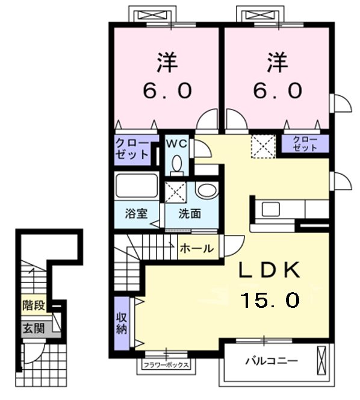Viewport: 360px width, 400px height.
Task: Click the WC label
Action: pos(176,144)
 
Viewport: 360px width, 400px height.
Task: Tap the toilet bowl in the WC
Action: pos(176,163)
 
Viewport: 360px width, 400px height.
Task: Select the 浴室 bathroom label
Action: pos(137,213)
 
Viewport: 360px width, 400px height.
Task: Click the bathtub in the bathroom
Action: pos(137,186)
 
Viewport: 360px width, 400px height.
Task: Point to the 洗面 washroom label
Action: pos(190,213)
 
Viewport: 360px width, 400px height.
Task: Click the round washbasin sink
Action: pos(208,190)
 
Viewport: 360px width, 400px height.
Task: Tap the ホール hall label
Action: pos(197,248)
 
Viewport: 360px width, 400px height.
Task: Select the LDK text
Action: pos(269,270)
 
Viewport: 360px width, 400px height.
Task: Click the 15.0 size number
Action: pos(271,300)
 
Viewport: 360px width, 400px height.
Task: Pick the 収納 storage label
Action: pos(122,323)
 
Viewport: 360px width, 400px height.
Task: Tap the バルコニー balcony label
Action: pos(272,361)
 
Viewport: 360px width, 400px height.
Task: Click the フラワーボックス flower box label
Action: pos(166,365)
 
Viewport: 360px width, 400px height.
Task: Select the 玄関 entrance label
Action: pos(34,328)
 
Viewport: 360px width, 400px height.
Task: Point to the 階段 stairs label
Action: pos(34,305)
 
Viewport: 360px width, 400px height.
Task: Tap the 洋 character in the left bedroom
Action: pos(167,63)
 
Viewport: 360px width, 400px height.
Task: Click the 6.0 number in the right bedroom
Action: pos(278,91)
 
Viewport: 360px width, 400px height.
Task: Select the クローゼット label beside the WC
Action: pos(132,149)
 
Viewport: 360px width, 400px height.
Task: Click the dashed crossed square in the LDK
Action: pos(263,146)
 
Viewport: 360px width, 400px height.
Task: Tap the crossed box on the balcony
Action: pos(321,360)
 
